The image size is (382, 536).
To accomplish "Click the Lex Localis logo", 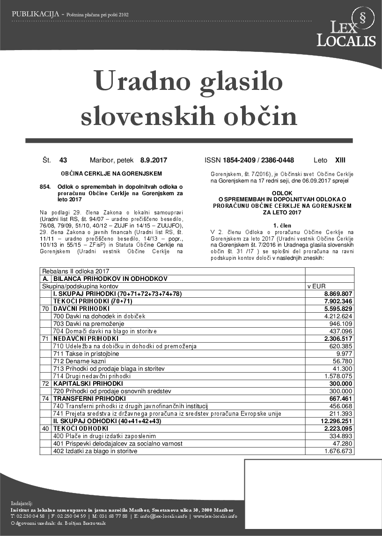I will click(346, 28).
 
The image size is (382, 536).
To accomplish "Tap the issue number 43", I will click(63, 160).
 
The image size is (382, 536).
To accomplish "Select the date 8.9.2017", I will click(154, 160).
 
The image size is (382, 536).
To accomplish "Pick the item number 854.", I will click(45, 187).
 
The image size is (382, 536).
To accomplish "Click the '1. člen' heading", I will click(282, 225).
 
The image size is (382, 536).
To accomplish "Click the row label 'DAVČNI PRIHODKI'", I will click(81, 308).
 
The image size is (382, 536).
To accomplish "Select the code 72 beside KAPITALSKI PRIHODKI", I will click(45, 383).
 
